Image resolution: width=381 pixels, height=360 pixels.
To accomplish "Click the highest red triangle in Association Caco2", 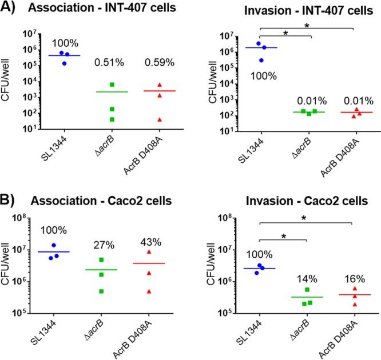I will point(149,252).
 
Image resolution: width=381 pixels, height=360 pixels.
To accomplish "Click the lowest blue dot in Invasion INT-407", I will point(262,59).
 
